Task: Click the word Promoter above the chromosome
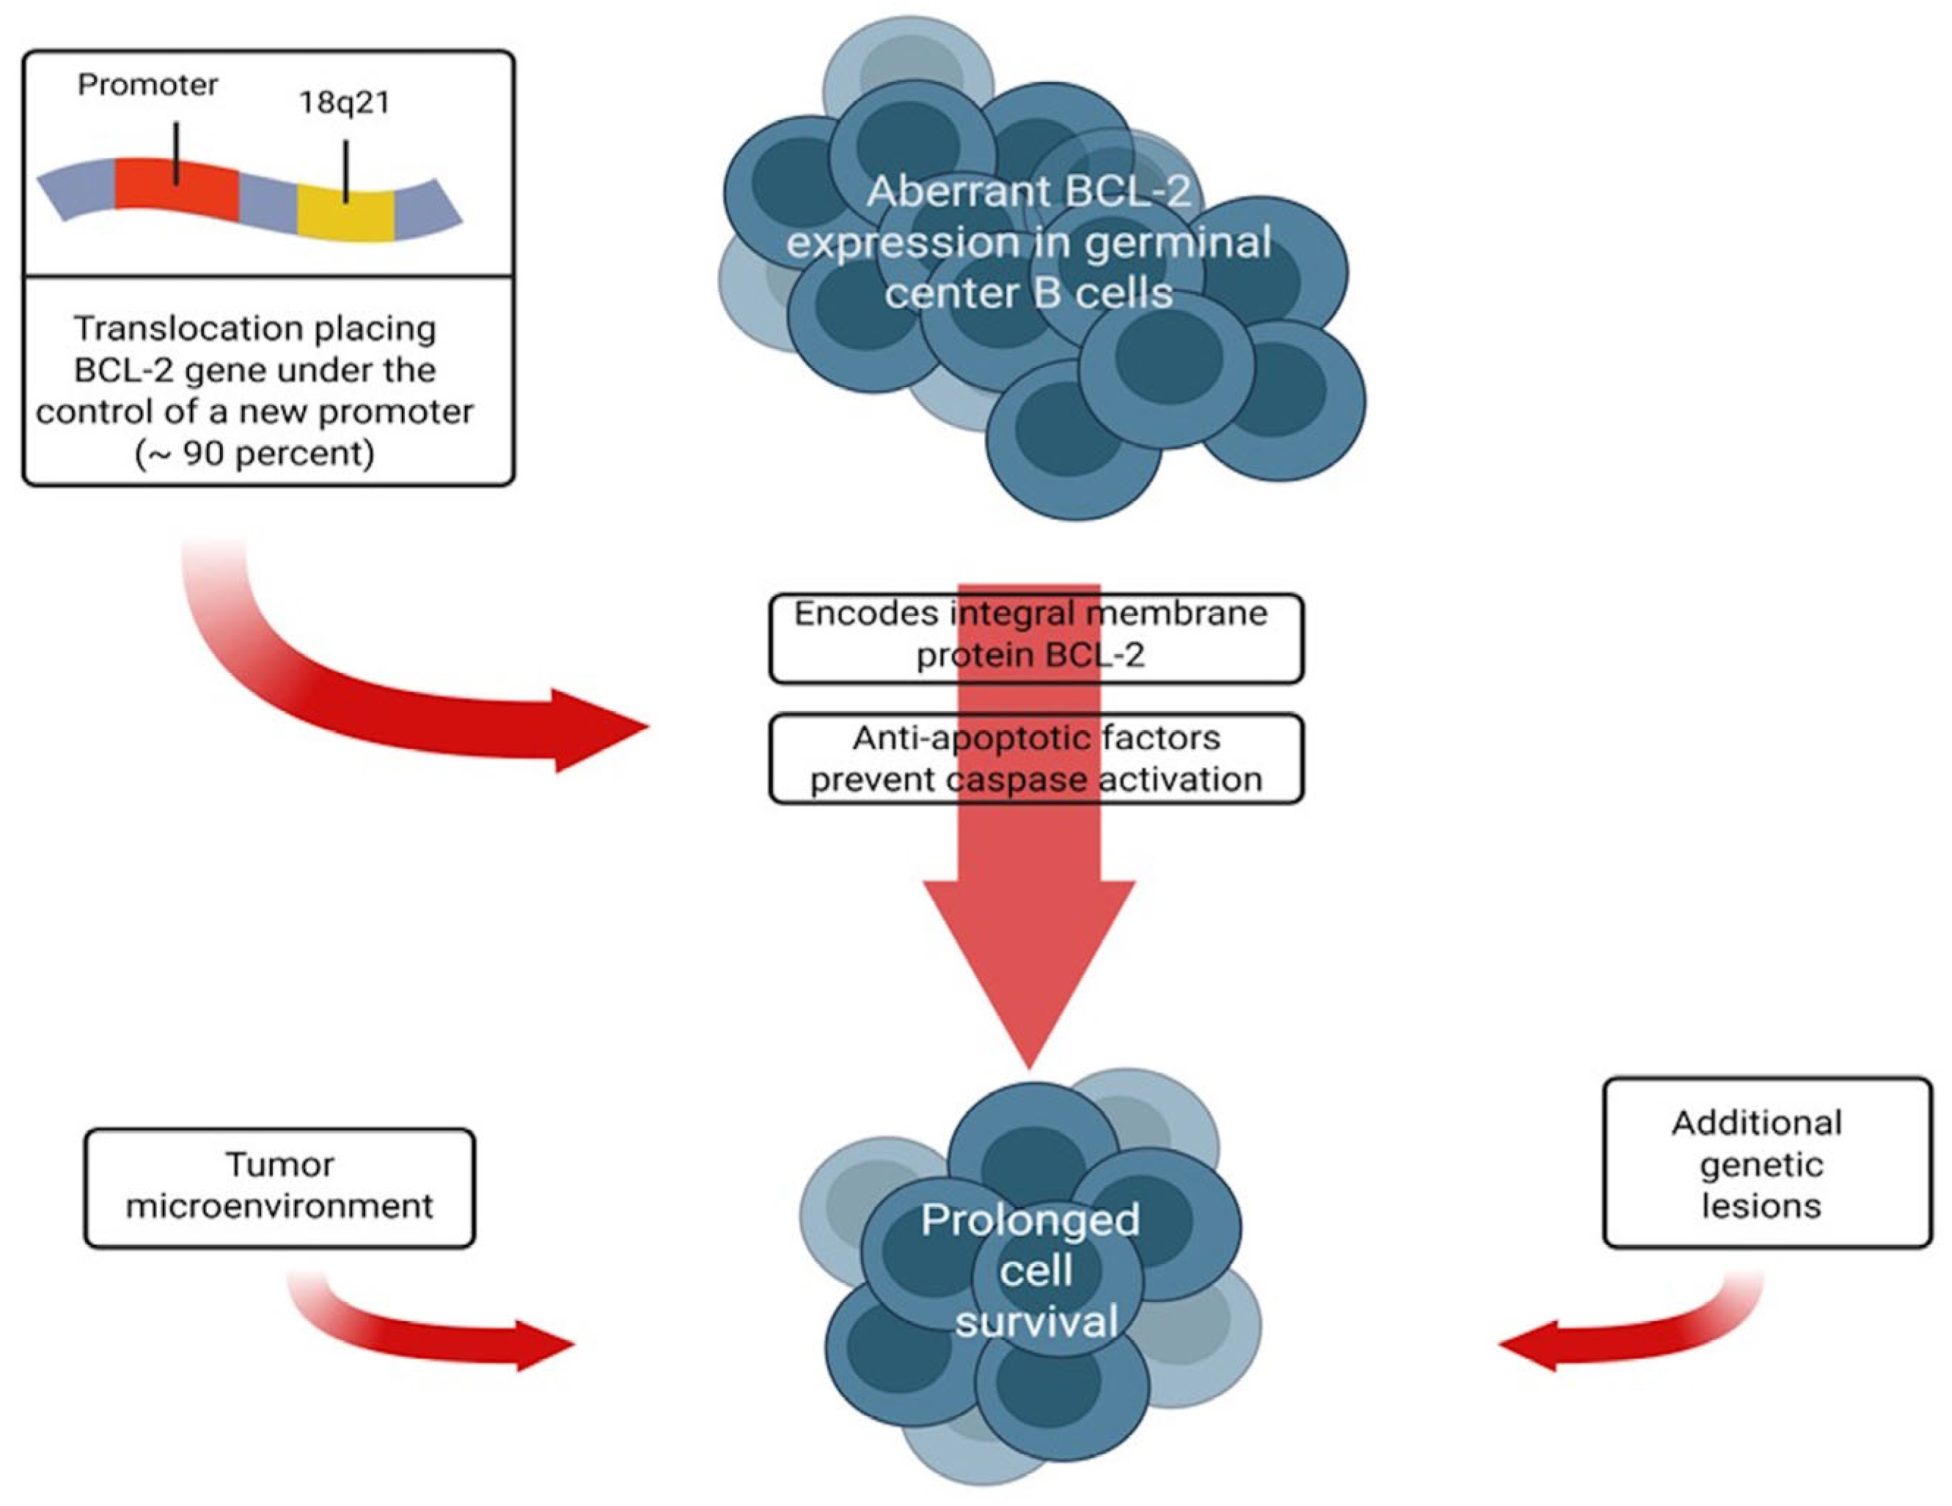tap(147, 85)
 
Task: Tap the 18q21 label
tap(344, 103)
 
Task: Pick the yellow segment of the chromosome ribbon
tap(346, 213)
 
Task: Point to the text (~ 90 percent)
tap(254, 454)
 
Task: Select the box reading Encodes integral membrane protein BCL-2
tap(1036, 638)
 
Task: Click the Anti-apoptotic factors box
tap(1036, 759)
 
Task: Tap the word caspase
tap(1017, 780)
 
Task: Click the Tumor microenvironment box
tap(280, 1188)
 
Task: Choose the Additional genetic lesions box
tap(1767, 1163)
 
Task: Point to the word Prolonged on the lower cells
tap(1030, 1221)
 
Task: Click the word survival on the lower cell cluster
tap(1036, 1321)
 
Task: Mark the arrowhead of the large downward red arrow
tap(1030, 974)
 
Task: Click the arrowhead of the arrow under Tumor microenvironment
tap(546, 1344)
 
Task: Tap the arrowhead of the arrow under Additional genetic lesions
tap(1527, 1344)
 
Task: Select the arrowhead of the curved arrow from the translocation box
tap(601, 730)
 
